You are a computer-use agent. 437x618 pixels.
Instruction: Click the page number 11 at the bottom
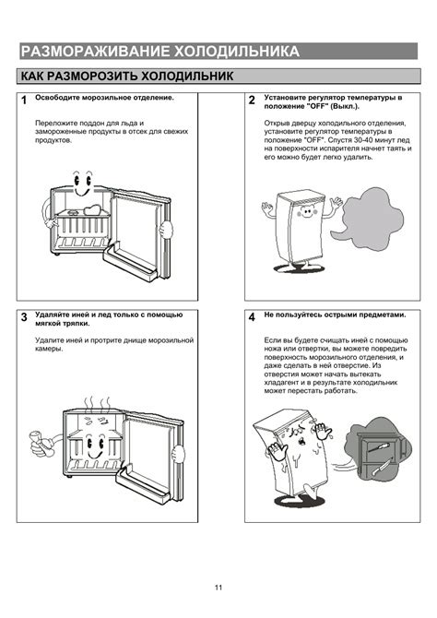point(218,588)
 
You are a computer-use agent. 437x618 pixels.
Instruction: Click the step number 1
point(24,101)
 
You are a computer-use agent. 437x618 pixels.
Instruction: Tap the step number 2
point(252,101)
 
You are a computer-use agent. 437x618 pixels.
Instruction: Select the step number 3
point(24,317)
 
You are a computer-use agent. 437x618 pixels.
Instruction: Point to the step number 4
point(252,317)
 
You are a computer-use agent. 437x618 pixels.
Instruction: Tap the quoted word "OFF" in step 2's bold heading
point(317,106)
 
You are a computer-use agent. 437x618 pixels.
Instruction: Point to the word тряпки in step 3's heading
point(78,324)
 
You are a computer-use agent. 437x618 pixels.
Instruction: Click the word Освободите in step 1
point(57,98)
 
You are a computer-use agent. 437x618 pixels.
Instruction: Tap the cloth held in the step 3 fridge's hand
point(40,443)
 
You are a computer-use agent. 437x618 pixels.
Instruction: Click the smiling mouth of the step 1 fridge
point(83,192)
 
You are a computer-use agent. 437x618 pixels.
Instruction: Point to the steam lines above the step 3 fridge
point(97,404)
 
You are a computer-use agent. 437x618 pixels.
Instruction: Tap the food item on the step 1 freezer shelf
point(93,209)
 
